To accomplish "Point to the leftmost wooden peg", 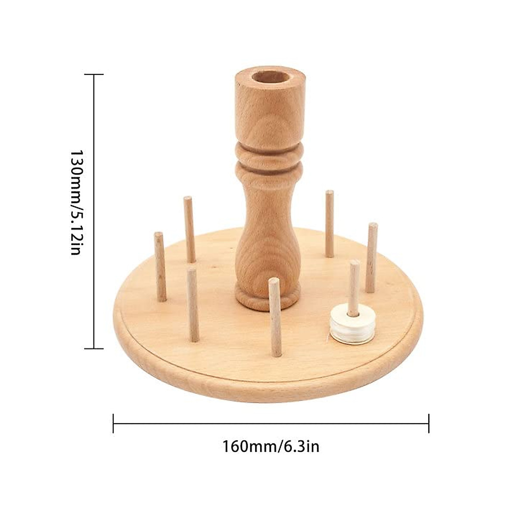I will [x=160, y=266].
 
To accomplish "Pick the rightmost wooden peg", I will [x=371, y=257].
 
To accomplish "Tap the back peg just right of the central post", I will [x=330, y=223].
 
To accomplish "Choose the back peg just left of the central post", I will [x=189, y=228].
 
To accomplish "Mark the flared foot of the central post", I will [x=268, y=297].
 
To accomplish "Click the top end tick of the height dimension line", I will [x=94, y=75].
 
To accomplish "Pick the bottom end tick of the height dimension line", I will [x=94, y=348].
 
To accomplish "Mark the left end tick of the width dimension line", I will [x=113, y=423].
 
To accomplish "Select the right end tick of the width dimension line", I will [x=429, y=423].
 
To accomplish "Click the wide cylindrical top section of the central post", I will [x=270, y=110].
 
